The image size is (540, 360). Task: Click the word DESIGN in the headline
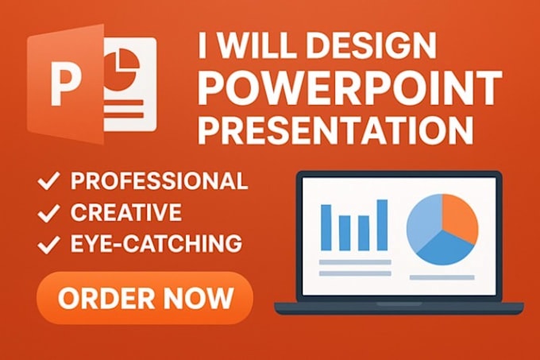372,45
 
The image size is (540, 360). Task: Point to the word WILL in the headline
258,45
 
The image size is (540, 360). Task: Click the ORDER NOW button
145,298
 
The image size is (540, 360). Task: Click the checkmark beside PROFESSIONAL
48,180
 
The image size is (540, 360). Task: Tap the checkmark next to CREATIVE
48,212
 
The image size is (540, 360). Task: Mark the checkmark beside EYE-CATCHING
48,244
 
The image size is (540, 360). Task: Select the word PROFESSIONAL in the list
159,180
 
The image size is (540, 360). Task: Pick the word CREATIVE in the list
126,212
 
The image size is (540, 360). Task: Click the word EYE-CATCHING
156,243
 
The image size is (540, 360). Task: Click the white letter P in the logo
66,84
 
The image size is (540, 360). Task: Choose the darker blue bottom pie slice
444,249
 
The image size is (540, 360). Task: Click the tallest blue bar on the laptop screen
382,225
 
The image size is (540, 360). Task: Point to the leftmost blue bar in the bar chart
326,227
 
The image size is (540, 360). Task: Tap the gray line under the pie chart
442,277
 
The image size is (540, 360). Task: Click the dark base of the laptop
399,308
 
